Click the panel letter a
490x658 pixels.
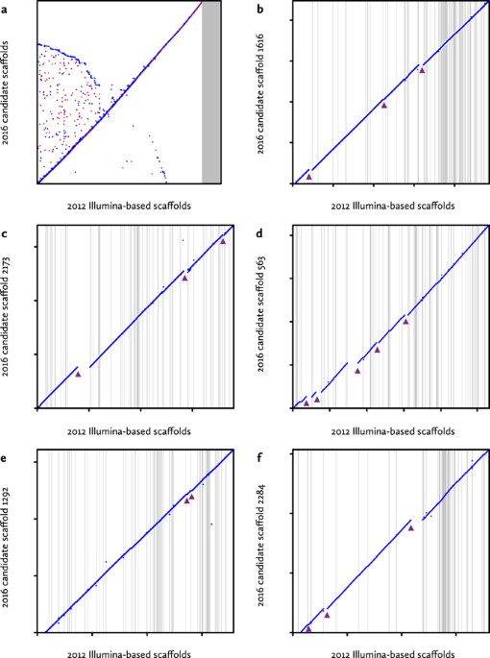pos(6,7)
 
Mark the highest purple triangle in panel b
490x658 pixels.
pos(422,70)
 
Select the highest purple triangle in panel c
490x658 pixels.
pos(223,241)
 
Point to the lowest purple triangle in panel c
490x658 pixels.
pos(79,374)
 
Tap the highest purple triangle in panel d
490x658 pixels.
pos(405,321)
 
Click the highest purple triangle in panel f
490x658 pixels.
pos(411,526)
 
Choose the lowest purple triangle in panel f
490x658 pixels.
pos(308,628)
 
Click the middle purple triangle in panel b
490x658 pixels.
pos(384,105)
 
